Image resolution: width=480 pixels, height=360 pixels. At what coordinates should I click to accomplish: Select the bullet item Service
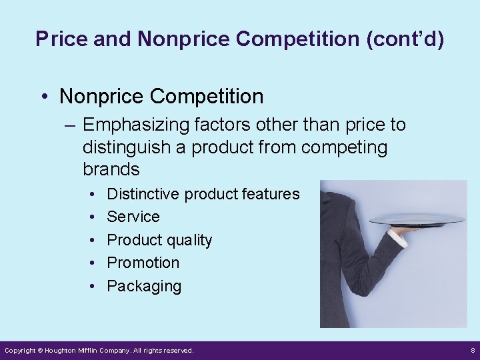[133, 217]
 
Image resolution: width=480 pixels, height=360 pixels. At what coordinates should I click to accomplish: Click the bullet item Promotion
[143, 263]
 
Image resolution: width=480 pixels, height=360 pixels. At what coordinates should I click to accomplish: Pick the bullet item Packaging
[144, 286]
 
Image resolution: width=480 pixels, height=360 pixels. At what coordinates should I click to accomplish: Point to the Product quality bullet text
[159, 240]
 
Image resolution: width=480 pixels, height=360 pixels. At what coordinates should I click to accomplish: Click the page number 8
[472, 350]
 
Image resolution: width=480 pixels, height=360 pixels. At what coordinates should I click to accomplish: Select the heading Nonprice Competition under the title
[161, 96]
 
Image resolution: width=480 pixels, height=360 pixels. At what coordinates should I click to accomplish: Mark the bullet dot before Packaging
[91, 286]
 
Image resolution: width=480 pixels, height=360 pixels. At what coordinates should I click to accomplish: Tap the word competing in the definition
[344, 146]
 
